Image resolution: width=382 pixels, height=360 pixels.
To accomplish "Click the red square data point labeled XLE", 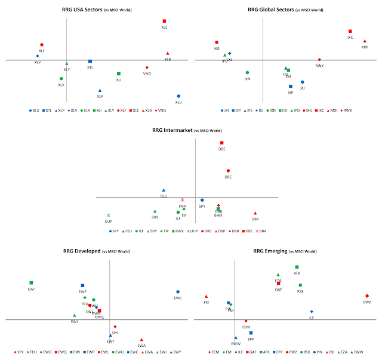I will (x=164, y=21).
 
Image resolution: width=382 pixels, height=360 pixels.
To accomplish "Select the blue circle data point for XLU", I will (x=178, y=96).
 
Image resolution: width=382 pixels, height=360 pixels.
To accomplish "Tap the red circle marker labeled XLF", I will (x=42, y=45).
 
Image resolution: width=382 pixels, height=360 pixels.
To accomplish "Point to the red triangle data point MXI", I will (x=365, y=41).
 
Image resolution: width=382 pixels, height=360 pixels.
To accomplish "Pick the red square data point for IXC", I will (x=350, y=32).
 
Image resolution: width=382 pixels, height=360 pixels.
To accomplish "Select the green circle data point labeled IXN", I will (x=247, y=73).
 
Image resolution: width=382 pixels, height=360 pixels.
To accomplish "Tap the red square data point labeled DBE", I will (x=222, y=143).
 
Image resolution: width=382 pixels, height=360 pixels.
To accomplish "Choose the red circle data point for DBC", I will (x=228, y=171).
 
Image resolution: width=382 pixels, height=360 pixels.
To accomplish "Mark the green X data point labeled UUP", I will (x=109, y=216).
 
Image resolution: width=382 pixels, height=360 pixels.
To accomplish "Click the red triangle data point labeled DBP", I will (x=255, y=213).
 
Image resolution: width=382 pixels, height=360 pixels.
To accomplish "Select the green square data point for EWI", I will (x=31, y=283).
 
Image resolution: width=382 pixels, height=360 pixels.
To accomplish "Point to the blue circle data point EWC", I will (x=178, y=292).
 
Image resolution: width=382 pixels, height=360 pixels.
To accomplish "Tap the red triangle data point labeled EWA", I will (x=141, y=340).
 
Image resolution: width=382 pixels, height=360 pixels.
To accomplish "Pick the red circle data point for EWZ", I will (x=367, y=296).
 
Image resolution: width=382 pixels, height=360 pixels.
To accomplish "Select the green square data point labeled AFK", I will (x=297, y=267).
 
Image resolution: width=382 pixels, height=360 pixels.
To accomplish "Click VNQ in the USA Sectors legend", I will (x=162, y=110).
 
